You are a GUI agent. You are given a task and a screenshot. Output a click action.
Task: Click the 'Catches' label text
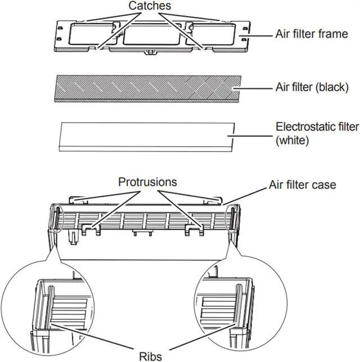(150, 6)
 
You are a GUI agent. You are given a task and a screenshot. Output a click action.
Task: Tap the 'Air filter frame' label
(312, 34)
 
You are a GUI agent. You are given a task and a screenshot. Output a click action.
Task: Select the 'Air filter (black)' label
(312, 87)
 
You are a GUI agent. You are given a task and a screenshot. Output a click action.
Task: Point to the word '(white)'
(292, 140)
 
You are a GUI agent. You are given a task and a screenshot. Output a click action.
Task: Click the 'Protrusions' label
(147, 182)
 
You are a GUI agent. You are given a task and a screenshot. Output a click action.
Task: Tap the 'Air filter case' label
(302, 185)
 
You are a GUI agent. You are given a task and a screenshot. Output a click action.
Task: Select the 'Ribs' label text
(150, 356)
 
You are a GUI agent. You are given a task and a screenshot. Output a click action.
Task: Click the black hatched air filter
(148, 88)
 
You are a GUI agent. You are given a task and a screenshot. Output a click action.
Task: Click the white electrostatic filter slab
(146, 137)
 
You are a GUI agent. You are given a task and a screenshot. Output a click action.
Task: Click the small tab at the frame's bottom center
(150, 52)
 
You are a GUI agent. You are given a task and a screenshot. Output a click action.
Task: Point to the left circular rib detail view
(48, 307)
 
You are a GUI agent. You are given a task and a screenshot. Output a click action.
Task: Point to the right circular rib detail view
(240, 303)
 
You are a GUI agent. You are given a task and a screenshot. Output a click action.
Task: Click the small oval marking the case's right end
(232, 218)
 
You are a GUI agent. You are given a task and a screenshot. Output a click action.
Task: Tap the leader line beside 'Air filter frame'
(256, 36)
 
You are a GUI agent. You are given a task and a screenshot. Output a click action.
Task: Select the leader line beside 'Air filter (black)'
(253, 88)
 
